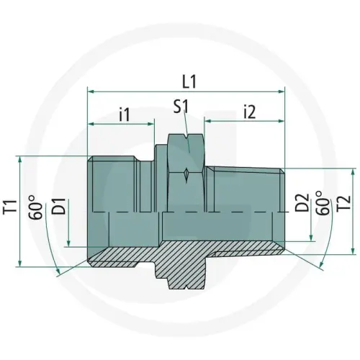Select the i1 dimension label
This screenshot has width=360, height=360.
tap(123, 113)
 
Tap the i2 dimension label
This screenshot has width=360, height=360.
tap(251, 112)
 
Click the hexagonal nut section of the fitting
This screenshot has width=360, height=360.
tap(185, 173)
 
